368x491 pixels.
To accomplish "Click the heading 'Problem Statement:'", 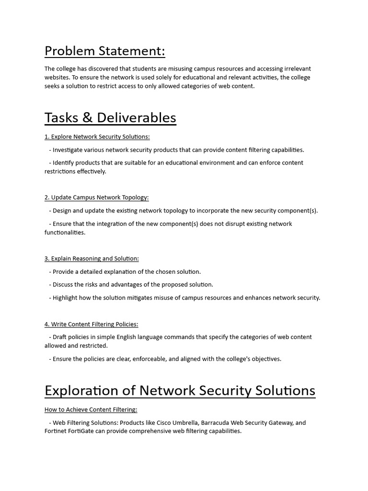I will [x=104, y=51].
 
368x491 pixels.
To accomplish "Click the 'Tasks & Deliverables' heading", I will [x=110, y=117].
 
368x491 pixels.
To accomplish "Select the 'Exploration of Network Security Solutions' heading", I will [x=180, y=390].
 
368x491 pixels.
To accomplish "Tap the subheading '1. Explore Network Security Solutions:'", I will [x=97, y=137].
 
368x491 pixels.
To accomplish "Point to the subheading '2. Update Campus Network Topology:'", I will [x=97, y=198].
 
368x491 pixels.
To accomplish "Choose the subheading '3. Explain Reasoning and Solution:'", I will [x=92, y=258].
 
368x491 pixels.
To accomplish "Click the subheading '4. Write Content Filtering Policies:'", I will [x=92, y=324].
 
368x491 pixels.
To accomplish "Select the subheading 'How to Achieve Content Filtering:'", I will [x=91, y=409].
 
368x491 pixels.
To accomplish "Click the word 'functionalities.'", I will [x=65, y=233].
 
